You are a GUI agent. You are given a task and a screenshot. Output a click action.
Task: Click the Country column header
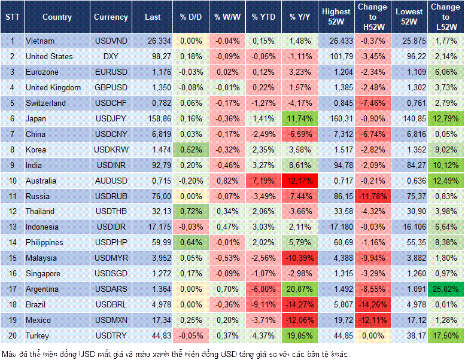[x=57, y=17]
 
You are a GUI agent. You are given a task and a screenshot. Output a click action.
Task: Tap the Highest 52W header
[x=336, y=17]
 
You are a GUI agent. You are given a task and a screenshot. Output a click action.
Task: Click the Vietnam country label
[x=40, y=41]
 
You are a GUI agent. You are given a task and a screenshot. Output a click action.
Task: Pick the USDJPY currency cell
[x=111, y=118]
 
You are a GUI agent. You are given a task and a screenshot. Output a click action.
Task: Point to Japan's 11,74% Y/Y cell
[x=301, y=118]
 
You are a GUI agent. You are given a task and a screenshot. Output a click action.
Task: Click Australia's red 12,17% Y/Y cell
[x=301, y=181]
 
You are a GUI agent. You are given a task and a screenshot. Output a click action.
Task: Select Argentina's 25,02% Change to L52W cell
[x=445, y=289]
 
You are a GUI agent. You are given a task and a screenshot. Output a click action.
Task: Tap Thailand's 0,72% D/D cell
[x=191, y=212]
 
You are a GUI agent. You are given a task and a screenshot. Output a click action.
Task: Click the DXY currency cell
[x=111, y=56]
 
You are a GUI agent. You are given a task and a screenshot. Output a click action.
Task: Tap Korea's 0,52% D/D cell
[x=191, y=150]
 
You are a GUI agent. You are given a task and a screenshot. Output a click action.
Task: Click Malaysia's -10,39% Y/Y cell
[x=301, y=258]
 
